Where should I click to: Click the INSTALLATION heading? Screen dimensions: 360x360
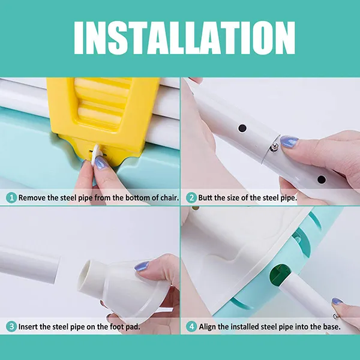click(x=184, y=38)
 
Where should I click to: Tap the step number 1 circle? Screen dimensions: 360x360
click(x=11, y=197)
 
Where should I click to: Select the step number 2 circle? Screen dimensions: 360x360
click(x=191, y=197)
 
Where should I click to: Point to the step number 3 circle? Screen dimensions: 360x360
click(x=11, y=326)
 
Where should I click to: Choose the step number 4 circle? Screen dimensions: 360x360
click(x=191, y=326)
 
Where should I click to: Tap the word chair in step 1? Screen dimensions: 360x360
click(x=169, y=197)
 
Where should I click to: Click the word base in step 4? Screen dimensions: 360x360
click(x=332, y=326)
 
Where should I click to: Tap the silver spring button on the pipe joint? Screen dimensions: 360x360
click(x=274, y=147)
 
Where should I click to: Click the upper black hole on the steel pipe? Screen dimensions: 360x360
click(x=242, y=128)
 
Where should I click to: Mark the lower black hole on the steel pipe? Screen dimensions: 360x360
click(x=322, y=179)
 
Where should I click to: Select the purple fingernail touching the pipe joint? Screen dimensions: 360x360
click(x=289, y=141)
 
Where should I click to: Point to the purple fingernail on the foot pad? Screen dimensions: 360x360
click(x=142, y=266)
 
